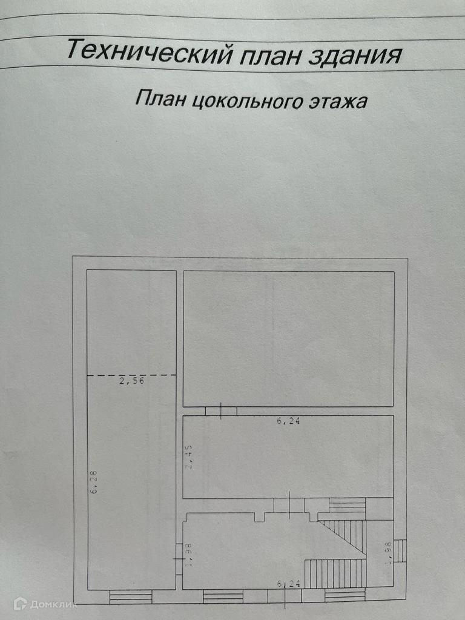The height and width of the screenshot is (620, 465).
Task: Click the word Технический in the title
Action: (x=149, y=51)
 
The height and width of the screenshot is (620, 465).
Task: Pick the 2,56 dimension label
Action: (x=131, y=381)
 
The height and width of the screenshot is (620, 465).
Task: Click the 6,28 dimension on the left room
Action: (x=95, y=482)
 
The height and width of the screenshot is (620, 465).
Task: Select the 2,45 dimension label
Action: (x=190, y=457)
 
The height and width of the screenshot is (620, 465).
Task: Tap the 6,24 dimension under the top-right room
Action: (x=289, y=421)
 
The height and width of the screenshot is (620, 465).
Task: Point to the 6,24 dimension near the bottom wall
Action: (x=289, y=584)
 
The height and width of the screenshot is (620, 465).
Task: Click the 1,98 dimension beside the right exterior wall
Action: (x=389, y=553)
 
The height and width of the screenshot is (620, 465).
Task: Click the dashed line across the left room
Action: (x=131, y=375)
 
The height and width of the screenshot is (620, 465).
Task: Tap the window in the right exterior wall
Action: (x=400, y=550)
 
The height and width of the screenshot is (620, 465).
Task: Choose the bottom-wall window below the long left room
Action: (x=131, y=597)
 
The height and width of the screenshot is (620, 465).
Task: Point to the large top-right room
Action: (x=289, y=338)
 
